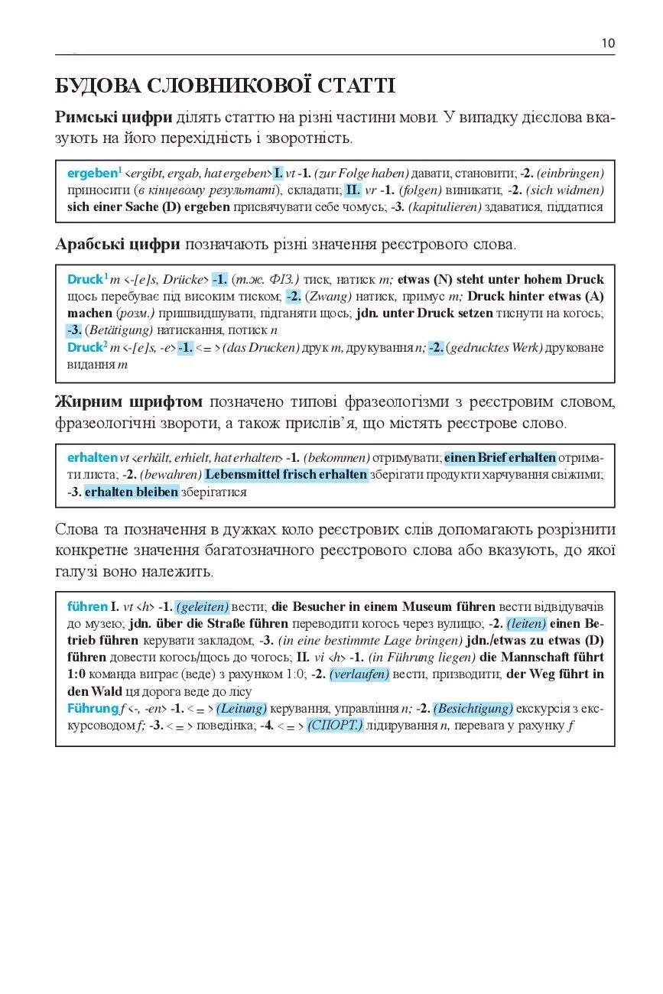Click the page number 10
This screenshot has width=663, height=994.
[608, 44]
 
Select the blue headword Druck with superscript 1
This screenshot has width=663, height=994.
[85, 280]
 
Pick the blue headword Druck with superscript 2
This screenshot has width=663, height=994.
[85, 348]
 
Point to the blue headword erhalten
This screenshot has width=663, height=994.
[92, 458]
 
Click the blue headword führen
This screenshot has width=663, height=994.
[87, 607]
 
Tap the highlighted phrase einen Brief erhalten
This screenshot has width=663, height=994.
[500, 458]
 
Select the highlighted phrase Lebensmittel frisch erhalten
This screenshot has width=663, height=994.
[286, 475]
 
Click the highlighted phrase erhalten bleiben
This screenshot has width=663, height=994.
[131, 492]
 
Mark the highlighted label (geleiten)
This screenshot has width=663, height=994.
[203, 607]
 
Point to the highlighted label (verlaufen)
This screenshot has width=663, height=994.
[359, 674]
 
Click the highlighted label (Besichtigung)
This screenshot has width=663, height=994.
[473, 708]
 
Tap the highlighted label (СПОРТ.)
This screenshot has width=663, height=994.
[335, 725]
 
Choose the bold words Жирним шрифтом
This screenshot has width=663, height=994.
[128, 401]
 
